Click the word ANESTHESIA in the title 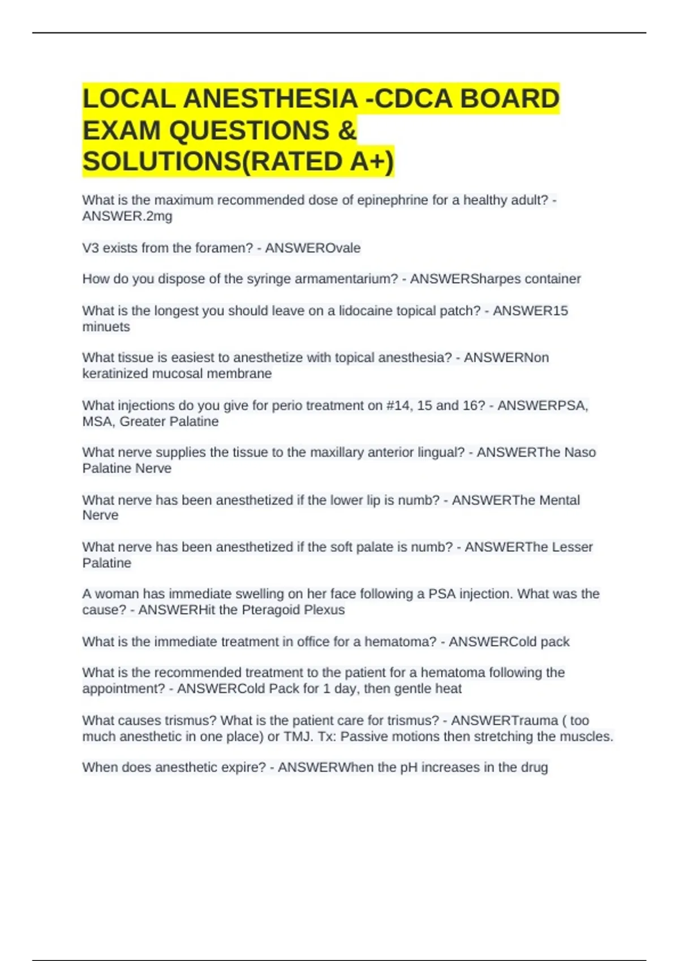point(270,99)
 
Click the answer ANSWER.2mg point(127,216)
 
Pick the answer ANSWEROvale point(313,248)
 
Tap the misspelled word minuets point(106,327)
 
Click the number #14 point(398,405)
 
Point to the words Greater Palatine point(169,421)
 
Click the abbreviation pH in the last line point(409,768)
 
